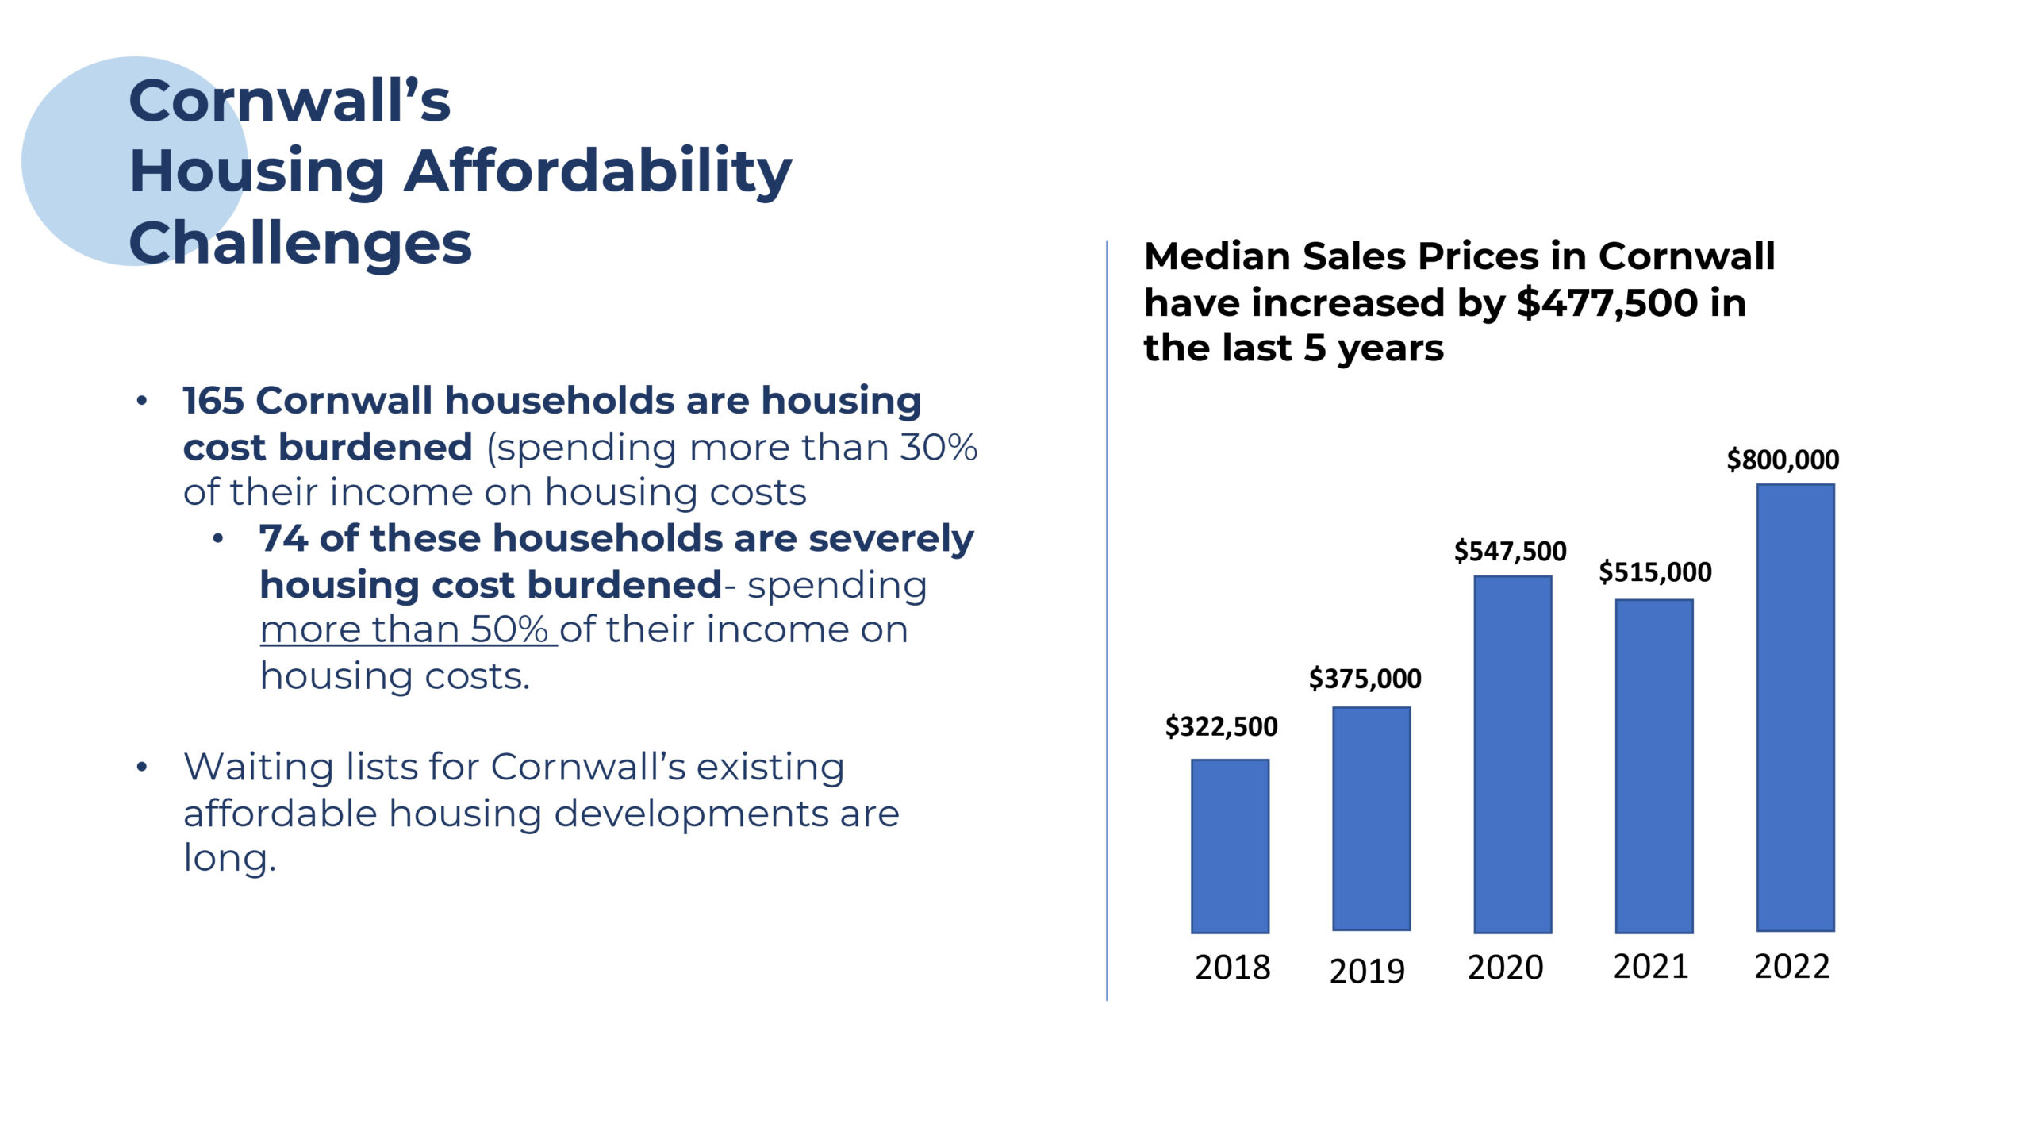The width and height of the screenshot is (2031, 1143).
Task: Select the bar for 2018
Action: (1230, 846)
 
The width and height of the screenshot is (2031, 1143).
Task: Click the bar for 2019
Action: (1371, 818)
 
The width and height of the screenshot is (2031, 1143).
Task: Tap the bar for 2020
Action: (1512, 754)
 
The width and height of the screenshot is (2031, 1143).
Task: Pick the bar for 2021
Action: (1654, 766)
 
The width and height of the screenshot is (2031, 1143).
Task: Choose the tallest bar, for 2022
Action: (1795, 707)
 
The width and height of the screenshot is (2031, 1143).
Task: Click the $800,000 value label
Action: (1783, 460)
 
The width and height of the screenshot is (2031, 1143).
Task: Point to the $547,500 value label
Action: (1510, 551)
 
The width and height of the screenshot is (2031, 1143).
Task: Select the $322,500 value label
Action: (1221, 726)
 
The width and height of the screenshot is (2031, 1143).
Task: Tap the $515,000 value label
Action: (1655, 571)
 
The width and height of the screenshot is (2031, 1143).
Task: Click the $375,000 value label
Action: (1365, 679)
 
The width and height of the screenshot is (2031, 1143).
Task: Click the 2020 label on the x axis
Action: (1505, 968)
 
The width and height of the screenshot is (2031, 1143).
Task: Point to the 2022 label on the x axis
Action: (1791, 967)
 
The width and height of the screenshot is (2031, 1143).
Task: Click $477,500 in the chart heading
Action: (1607, 303)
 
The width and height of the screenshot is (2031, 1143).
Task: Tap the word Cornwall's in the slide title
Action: (290, 102)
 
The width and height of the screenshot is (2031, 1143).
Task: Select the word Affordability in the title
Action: (598, 171)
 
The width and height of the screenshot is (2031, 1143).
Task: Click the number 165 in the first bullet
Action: (213, 400)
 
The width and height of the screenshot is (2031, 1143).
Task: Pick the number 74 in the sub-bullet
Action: (283, 538)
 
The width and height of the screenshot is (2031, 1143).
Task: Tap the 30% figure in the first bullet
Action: (939, 447)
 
